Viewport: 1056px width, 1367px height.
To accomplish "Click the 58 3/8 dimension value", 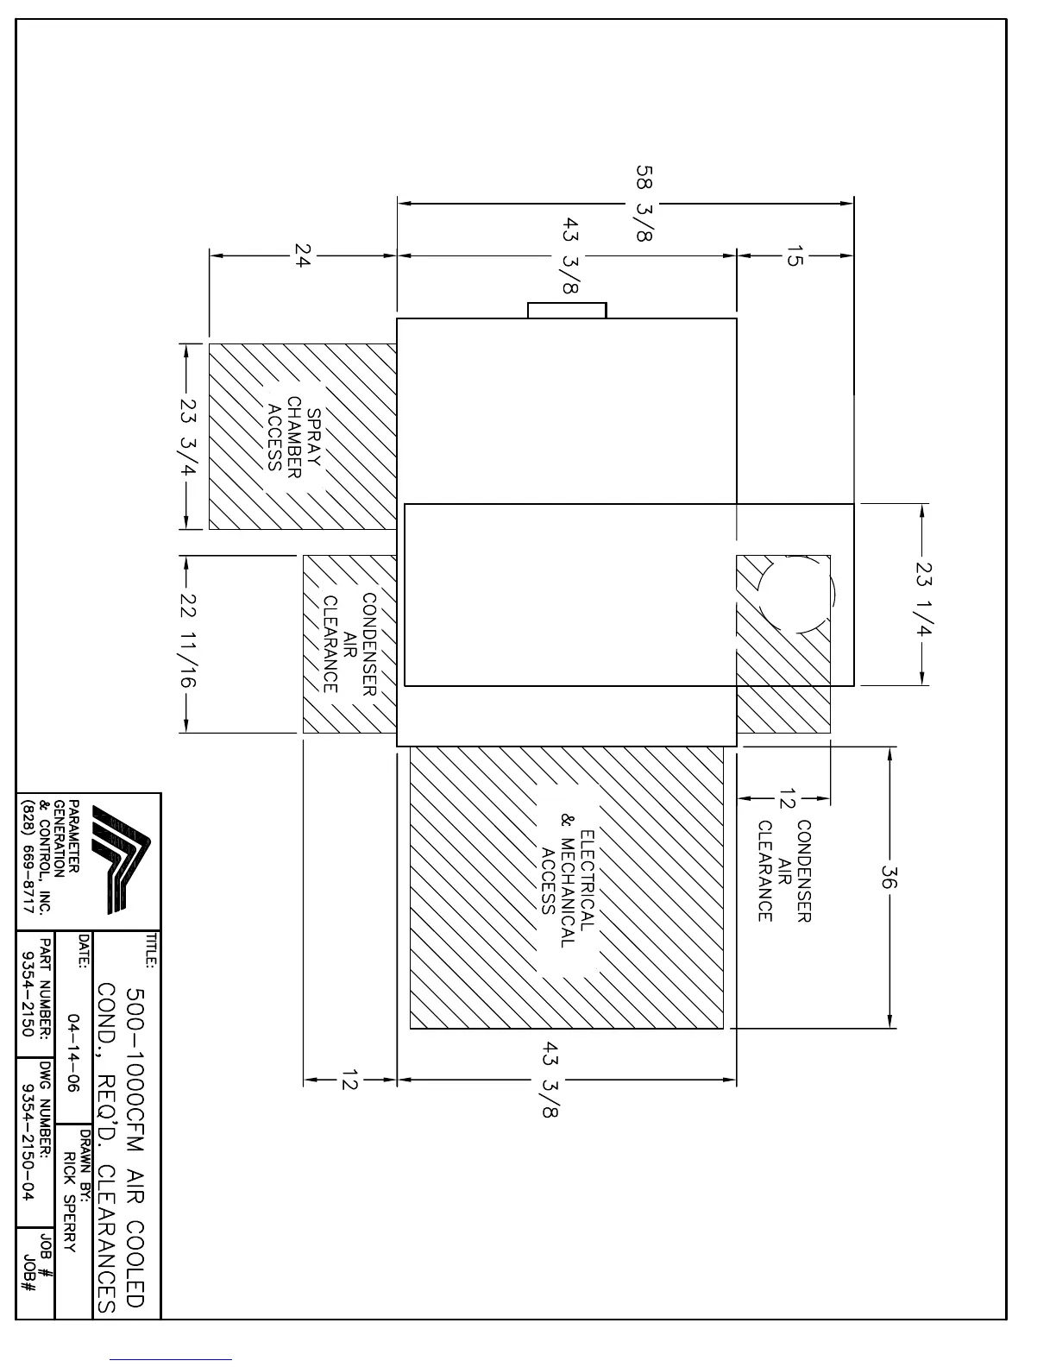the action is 644,203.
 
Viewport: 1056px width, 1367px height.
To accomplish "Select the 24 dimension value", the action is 303,255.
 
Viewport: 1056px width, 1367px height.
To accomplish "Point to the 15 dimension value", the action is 795,256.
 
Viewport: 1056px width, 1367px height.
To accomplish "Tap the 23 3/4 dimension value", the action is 188,437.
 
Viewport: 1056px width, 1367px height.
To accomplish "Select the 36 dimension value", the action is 889,877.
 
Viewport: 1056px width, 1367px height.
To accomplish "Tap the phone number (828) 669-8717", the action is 27,856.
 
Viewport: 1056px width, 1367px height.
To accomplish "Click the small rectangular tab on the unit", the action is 567,310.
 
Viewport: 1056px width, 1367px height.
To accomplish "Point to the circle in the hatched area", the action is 796,594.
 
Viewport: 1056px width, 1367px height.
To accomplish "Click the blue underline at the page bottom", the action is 171,1359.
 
